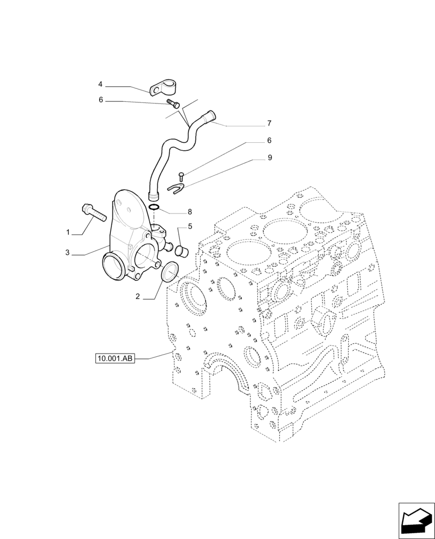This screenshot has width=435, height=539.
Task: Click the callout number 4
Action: [x=100, y=85]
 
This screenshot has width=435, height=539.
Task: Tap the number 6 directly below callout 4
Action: [x=100, y=100]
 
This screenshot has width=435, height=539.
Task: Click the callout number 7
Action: [x=269, y=123]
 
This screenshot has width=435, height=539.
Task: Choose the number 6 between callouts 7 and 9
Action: [x=269, y=140]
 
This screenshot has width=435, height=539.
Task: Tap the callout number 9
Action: [x=270, y=158]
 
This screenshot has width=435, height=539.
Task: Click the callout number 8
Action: [x=190, y=212]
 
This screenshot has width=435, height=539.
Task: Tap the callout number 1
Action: [x=68, y=232]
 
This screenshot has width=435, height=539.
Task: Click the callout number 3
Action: [x=68, y=253]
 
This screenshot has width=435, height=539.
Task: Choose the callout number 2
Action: [x=138, y=296]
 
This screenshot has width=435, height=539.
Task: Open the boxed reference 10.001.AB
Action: [x=114, y=358]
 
